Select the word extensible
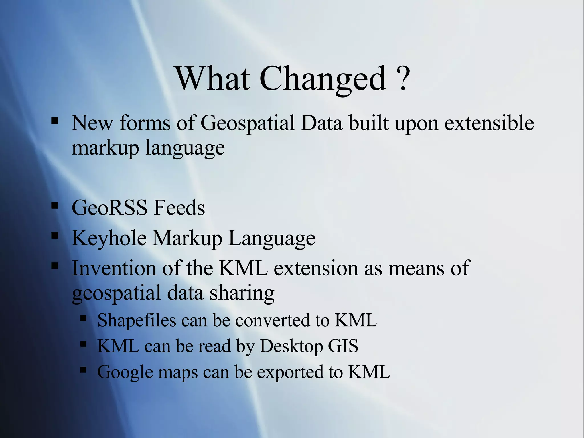point(489,123)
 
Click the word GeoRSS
point(109,208)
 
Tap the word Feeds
point(179,208)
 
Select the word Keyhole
point(109,238)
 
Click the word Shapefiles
point(137,320)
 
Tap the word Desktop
point(291,346)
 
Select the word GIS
point(343,346)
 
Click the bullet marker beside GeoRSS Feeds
point(55,206)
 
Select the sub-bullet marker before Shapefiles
point(83,318)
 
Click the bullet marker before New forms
point(55,121)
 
